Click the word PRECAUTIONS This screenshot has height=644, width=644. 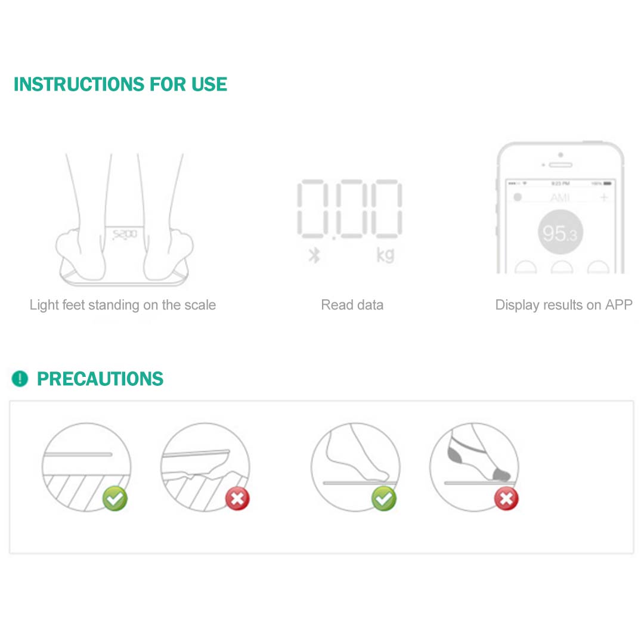(x=100, y=379)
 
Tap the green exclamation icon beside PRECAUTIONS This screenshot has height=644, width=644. (x=20, y=379)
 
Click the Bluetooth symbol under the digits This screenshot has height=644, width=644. (x=314, y=255)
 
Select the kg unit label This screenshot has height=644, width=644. (x=385, y=255)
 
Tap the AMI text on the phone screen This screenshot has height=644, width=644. (x=560, y=197)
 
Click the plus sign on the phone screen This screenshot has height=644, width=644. (x=604, y=197)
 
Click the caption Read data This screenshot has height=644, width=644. (x=352, y=305)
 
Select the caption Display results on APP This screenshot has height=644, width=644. (x=563, y=305)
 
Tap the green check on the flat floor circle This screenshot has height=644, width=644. (x=115, y=499)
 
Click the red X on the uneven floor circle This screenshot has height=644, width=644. (x=237, y=499)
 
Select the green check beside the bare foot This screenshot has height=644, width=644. (x=384, y=499)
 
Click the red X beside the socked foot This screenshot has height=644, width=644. (x=506, y=499)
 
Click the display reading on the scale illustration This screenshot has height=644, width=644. (x=125, y=234)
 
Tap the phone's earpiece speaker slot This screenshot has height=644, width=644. (x=561, y=165)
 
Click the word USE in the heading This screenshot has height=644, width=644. (x=209, y=84)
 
